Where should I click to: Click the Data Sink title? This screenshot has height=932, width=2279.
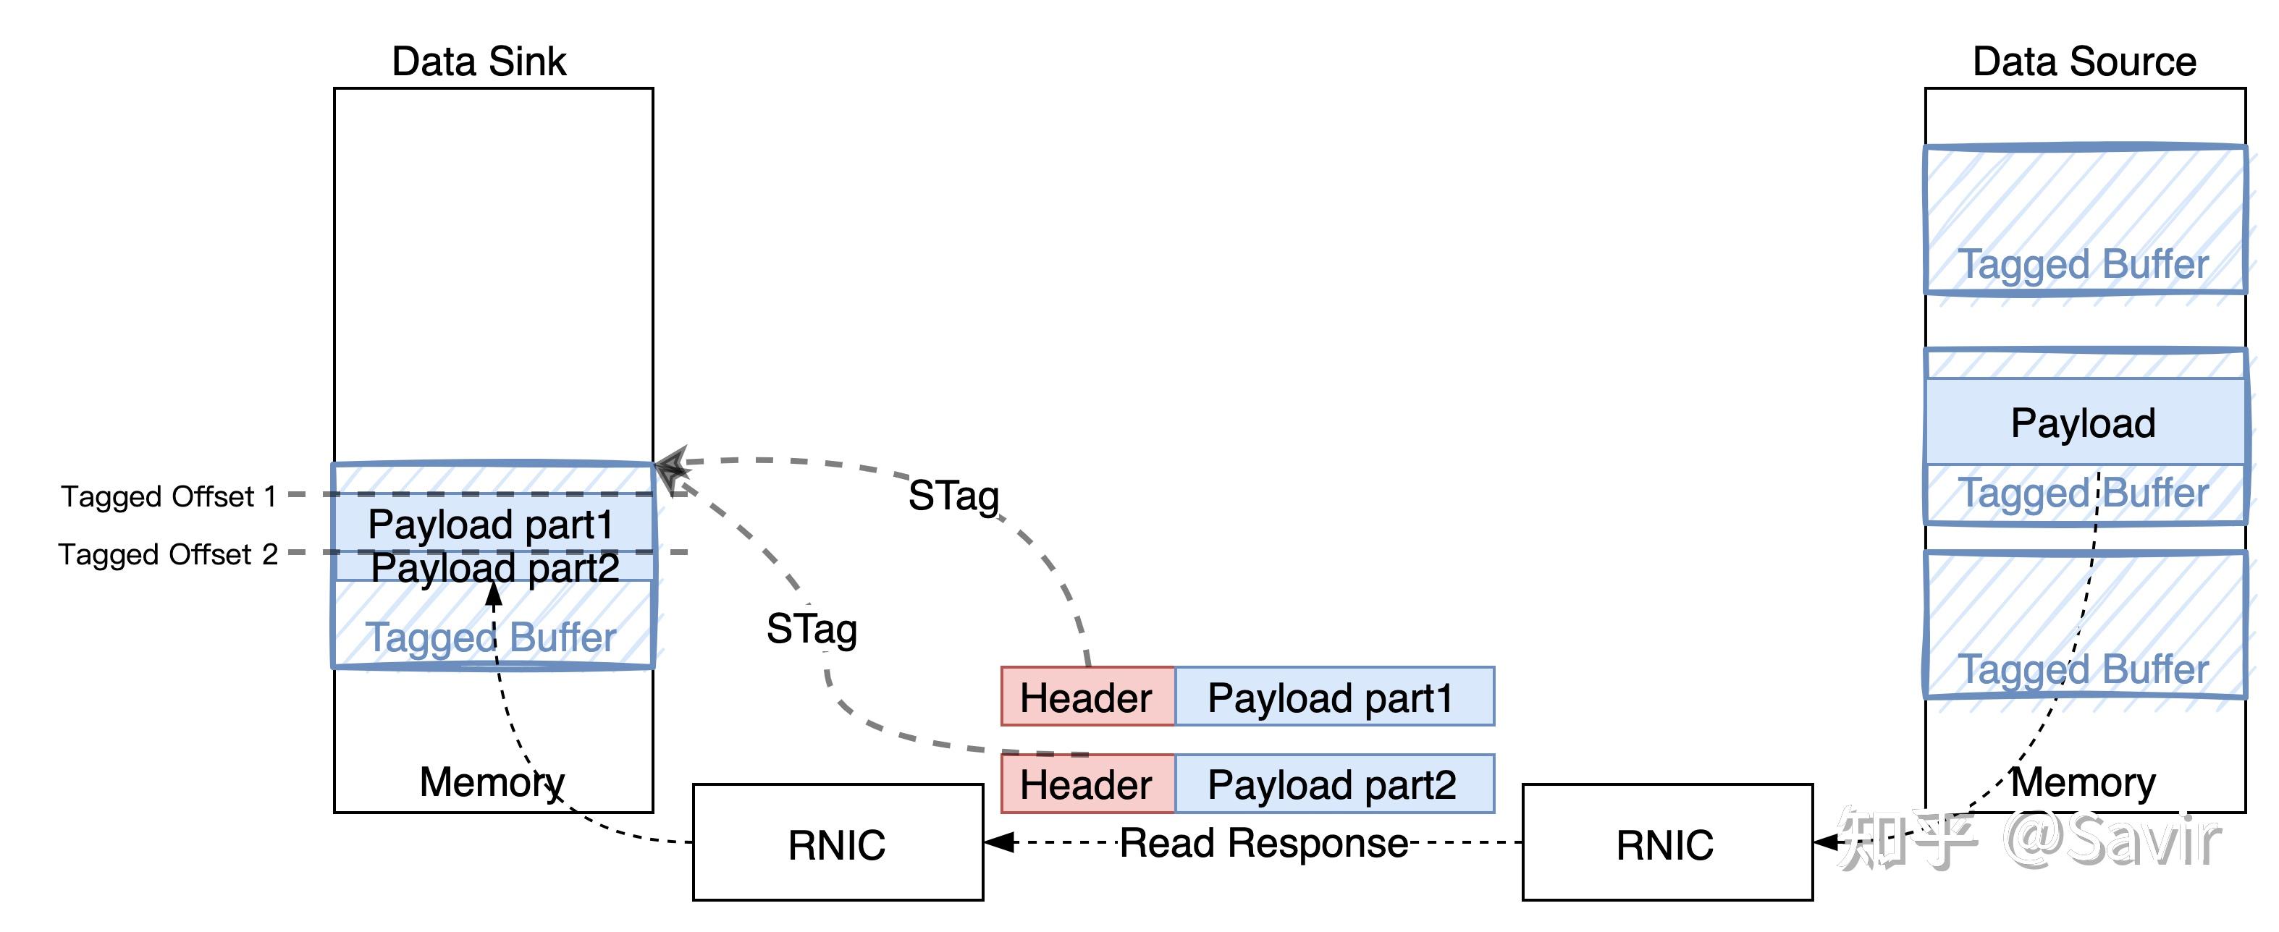pyautogui.click(x=479, y=62)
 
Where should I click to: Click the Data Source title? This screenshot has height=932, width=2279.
pyautogui.click(x=2084, y=62)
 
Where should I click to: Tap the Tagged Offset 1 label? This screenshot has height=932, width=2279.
pyautogui.click(x=168, y=496)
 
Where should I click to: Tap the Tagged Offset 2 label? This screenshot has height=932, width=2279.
pyautogui.click(x=168, y=554)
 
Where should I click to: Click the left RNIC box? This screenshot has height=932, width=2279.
pyautogui.click(x=837, y=843)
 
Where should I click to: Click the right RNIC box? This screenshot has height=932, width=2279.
pyautogui.click(x=1666, y=843)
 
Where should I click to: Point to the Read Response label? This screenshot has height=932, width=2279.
pyautogui.click(x=1263, y=843)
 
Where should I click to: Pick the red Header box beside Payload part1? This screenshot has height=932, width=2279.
pyautogui.click(x=1087, y=697)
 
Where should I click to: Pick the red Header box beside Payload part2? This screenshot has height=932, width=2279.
pyautogui.click(x=1087, y=784)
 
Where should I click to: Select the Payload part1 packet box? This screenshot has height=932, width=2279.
pyautogui.click(x=1332, y=697)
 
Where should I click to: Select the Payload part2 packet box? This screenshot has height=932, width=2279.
pyautogui.click(x=1332, y=784)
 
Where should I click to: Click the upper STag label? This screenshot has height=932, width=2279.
pyautogui.click(x=953, y=496)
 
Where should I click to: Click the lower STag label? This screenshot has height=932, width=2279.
pyautogui.click(x=812, y=630)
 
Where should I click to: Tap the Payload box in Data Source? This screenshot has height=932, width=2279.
pyautogui.click(x=2084, y=423)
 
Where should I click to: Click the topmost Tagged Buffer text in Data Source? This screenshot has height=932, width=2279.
pyautogui.click(x=2084, y=264)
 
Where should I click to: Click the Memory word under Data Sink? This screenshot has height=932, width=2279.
pyautogui.click(x=491, y=781)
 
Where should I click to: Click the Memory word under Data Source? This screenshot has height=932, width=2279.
pyautogui.click(x=2084, y=781)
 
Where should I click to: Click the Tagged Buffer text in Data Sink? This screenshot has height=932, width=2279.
pyautogui.click(x=491, y=637)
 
